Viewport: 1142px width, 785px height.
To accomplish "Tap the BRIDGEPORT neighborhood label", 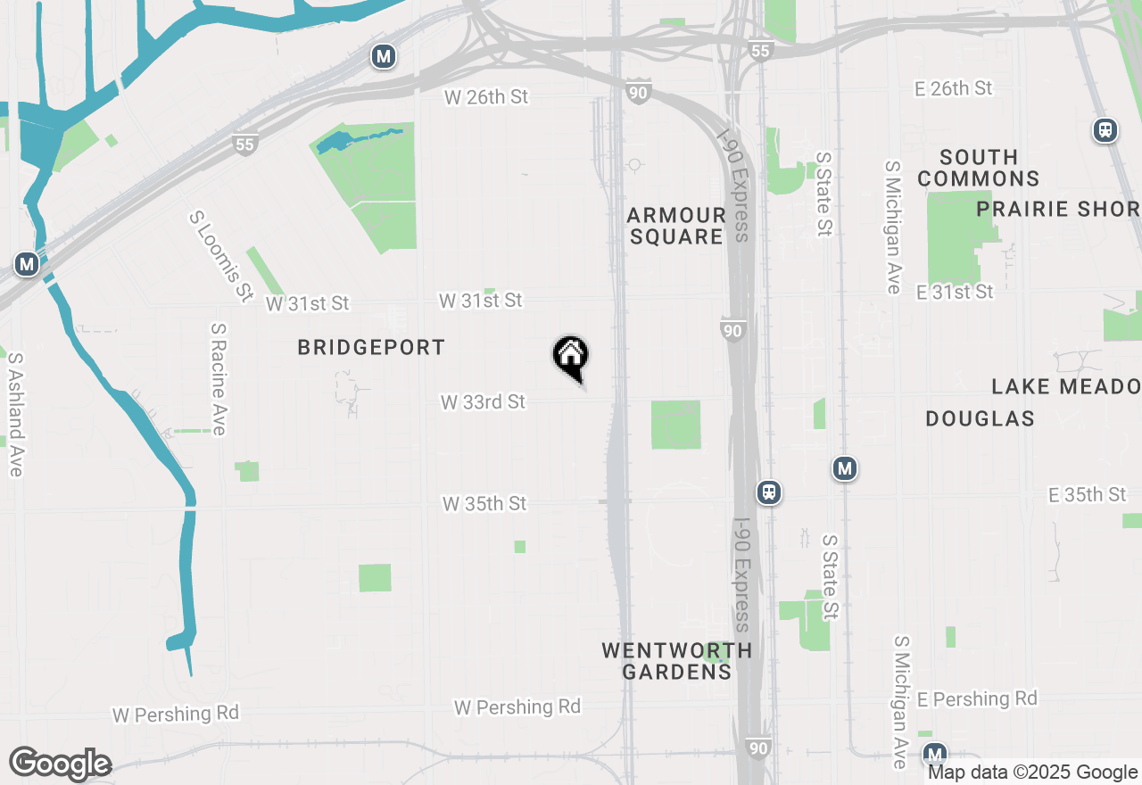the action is click(x=371, y=348).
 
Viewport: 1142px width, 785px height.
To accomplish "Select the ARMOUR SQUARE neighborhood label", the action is click(x=675, y=226).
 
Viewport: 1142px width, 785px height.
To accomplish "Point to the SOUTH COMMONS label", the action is click(x=978, y=168).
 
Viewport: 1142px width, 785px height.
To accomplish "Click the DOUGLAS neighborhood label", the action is click(x=980, y=418).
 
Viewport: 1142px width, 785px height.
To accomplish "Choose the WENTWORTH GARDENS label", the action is click(x=676, y=661).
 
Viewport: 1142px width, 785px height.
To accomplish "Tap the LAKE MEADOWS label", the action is click(x=1066, y=386).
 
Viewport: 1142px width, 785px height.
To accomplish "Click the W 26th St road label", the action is click(x=487, y=96).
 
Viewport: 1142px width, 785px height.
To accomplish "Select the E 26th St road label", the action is click(x=954, y=88).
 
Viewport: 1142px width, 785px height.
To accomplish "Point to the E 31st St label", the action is click(x=954, y=292).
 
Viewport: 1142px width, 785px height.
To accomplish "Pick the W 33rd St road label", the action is click(x=483, y=402).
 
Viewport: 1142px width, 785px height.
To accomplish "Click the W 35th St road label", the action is click(x=484, y=504).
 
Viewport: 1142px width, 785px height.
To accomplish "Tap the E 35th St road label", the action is click(x=1088, y=494).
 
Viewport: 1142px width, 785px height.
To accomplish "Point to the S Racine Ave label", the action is click(x=219, y=379).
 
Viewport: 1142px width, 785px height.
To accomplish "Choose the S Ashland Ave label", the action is click(x=15, y=414).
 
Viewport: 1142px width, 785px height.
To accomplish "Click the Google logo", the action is click(x=60, y=764).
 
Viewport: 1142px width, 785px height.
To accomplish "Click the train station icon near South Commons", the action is click(x=1105, y=130).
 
